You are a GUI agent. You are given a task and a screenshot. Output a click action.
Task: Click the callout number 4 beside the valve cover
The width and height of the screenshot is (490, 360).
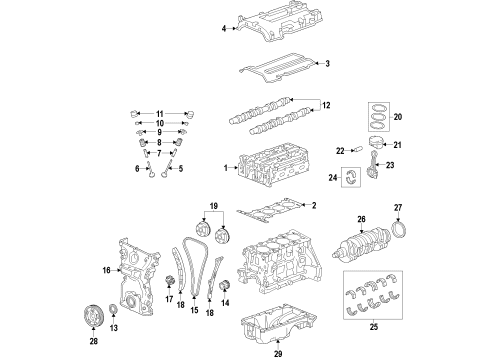(225, 30)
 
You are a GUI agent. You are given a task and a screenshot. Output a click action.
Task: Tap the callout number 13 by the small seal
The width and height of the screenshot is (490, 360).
(113, 329)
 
